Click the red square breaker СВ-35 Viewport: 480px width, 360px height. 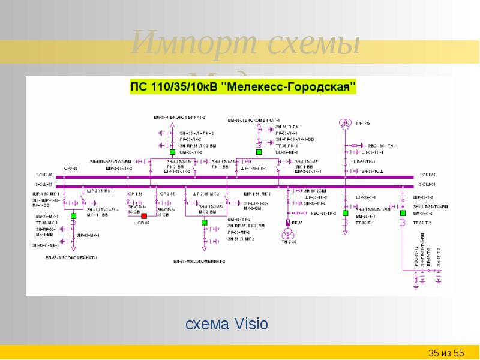144,216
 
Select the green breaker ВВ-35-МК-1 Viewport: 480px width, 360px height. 73,216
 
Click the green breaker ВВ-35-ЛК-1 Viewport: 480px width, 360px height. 259,152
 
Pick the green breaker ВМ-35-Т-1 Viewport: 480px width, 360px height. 346,213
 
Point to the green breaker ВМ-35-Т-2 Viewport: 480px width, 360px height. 403,213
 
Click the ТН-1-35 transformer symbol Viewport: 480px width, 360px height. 346,124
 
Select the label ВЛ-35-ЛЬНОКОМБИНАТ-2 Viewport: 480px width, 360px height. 179,116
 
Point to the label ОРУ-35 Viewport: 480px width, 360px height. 71,169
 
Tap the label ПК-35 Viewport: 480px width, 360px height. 298,223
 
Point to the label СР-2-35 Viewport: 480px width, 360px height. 167,194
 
